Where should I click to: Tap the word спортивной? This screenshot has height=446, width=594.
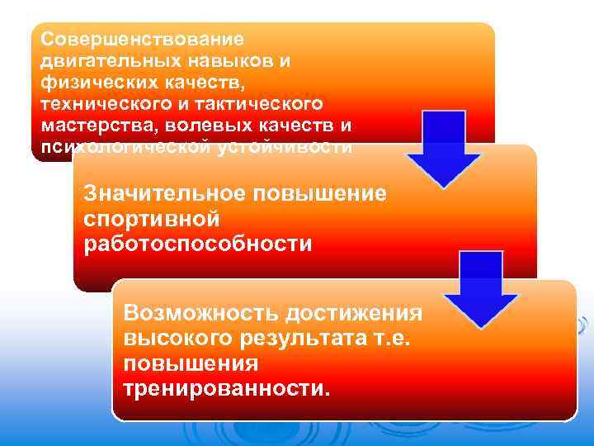(150, 219)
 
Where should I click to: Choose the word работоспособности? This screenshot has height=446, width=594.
(198, 244)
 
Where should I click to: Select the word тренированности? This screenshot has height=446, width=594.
(225, 388)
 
